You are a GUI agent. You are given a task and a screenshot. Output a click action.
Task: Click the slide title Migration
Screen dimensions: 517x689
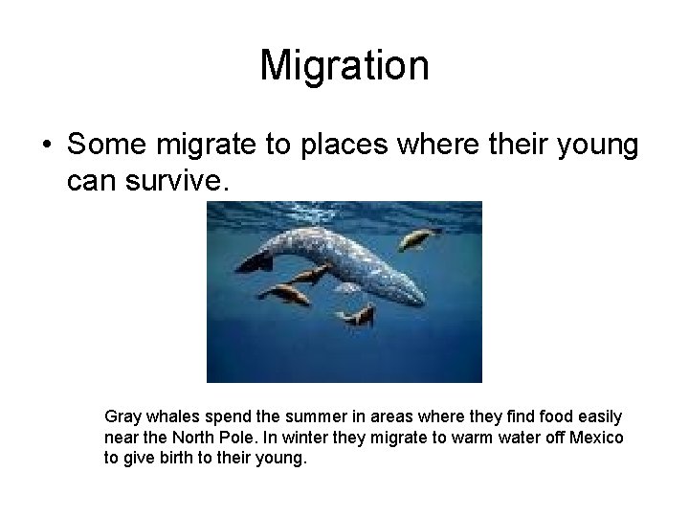coord(344,66)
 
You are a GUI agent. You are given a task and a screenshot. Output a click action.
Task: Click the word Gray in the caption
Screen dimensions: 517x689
coord(122,417)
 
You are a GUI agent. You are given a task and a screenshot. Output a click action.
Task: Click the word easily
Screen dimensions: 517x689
coord(600,417)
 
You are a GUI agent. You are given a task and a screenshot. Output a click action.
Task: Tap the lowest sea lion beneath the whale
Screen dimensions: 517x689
coord(360,316)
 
